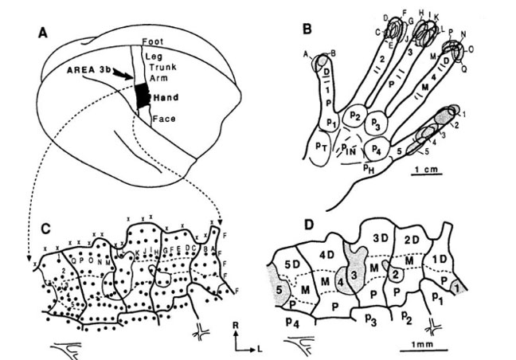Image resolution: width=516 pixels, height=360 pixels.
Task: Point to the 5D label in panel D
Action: click(292, 261)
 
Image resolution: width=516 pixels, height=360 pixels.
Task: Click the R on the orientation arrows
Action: click(236, 324)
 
